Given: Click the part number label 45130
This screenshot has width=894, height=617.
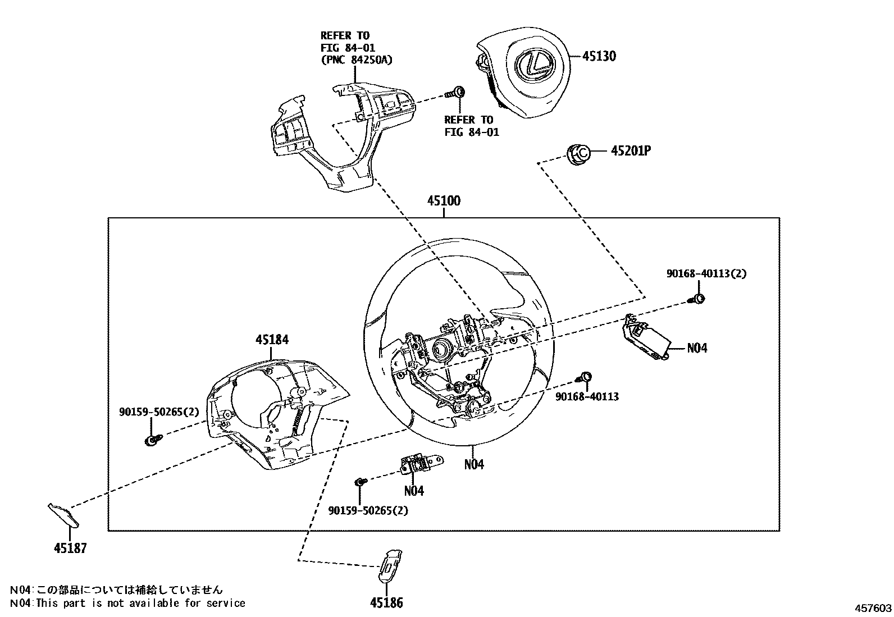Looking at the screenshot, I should (599, 56).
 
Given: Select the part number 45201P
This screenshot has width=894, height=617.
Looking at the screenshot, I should (631, 151).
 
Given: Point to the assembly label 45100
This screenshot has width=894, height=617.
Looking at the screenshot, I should (444, 201).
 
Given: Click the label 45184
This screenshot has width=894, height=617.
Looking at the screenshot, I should (272, 340).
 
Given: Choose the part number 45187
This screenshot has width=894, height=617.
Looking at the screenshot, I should (70, 548).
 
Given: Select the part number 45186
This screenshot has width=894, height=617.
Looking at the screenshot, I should (386, 603).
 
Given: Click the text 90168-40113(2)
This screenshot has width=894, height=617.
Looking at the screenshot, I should (706, 273).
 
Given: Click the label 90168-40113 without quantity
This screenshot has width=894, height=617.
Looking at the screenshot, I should (587, 396).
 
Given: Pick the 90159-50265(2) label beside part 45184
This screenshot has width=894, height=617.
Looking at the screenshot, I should (159, 412).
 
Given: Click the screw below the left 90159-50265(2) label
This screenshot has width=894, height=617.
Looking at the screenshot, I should (152, 440).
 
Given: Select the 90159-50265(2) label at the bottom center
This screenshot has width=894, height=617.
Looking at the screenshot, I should (368, 510).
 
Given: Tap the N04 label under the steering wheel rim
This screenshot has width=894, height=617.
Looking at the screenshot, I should (473, 464).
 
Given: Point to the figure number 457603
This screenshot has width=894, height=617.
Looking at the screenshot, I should (873, 608).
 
